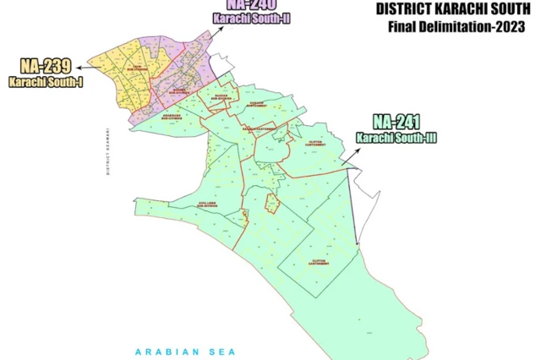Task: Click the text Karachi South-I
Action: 40,81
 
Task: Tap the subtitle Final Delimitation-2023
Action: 451,28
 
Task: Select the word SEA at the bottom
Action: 223,351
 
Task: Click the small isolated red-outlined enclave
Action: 272,203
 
